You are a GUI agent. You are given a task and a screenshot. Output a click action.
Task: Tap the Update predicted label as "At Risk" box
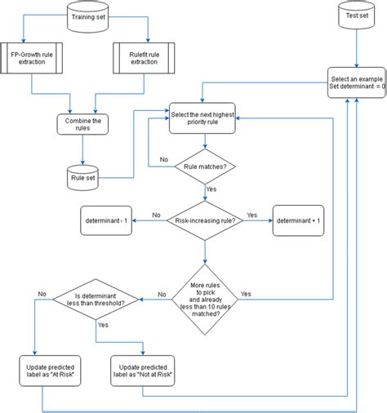pos(51,370)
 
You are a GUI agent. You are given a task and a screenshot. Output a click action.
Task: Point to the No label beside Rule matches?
pos(164,160)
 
